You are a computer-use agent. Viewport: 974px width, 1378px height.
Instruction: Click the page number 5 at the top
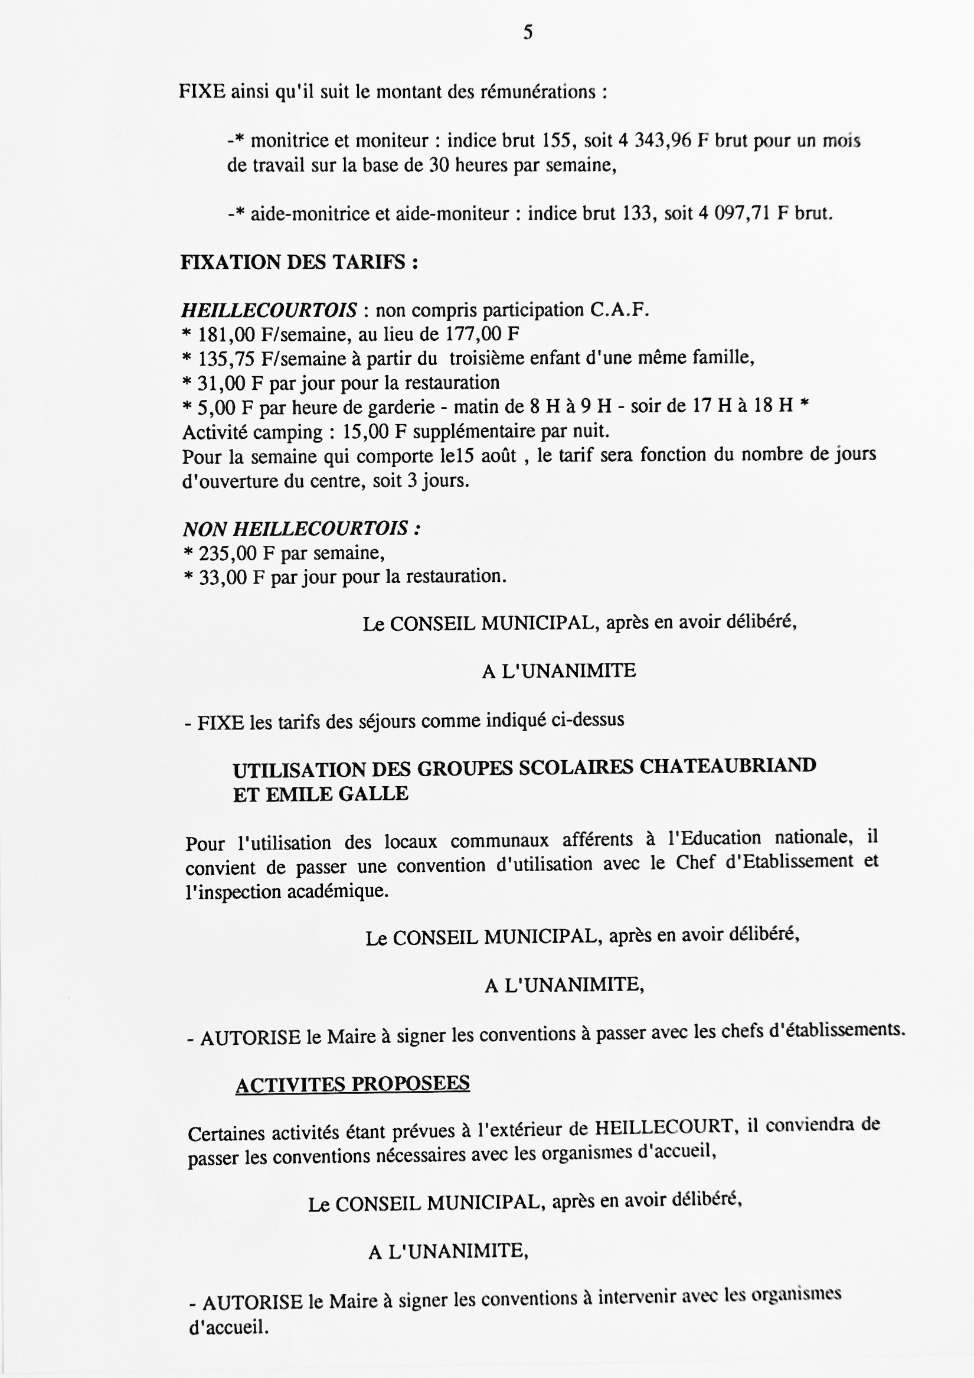528,32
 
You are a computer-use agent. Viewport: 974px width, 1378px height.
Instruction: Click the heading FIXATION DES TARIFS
299,262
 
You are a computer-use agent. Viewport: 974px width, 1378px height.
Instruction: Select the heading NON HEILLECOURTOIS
301,529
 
